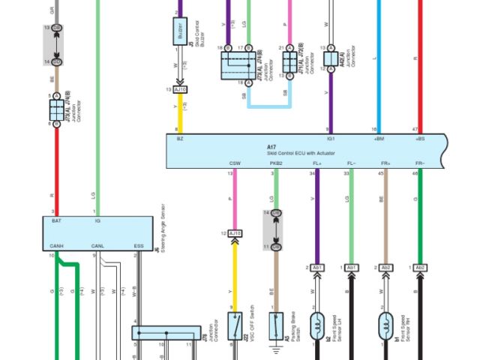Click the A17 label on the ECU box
point(271,146)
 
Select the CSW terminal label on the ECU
point(235,163)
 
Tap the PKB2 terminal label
point(276,163)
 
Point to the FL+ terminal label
point(317,163)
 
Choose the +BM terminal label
point(379,139)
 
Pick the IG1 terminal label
point(330,139)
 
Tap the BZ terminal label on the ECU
point(180,139)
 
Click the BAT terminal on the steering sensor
point(56,222)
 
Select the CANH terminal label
point(56,246)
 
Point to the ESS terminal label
point(138,246)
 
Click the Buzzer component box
point(180,31)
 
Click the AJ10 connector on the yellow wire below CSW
point(235,234)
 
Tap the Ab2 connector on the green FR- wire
point(421,268)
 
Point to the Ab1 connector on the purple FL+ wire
point(318,268)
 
